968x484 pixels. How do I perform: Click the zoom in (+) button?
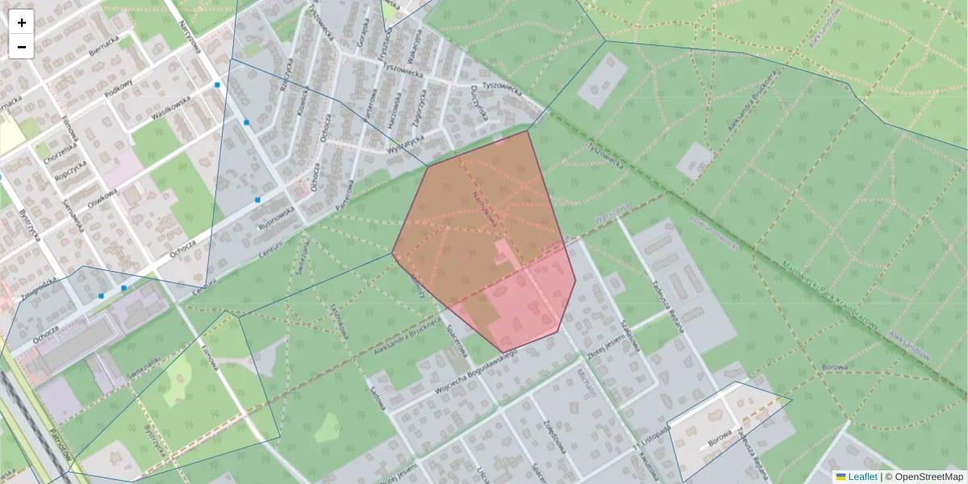(22, 23)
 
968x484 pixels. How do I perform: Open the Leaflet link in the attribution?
(862, 477)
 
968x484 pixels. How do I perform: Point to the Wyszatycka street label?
(406, 142)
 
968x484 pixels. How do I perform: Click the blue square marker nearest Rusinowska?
(257, 199)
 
